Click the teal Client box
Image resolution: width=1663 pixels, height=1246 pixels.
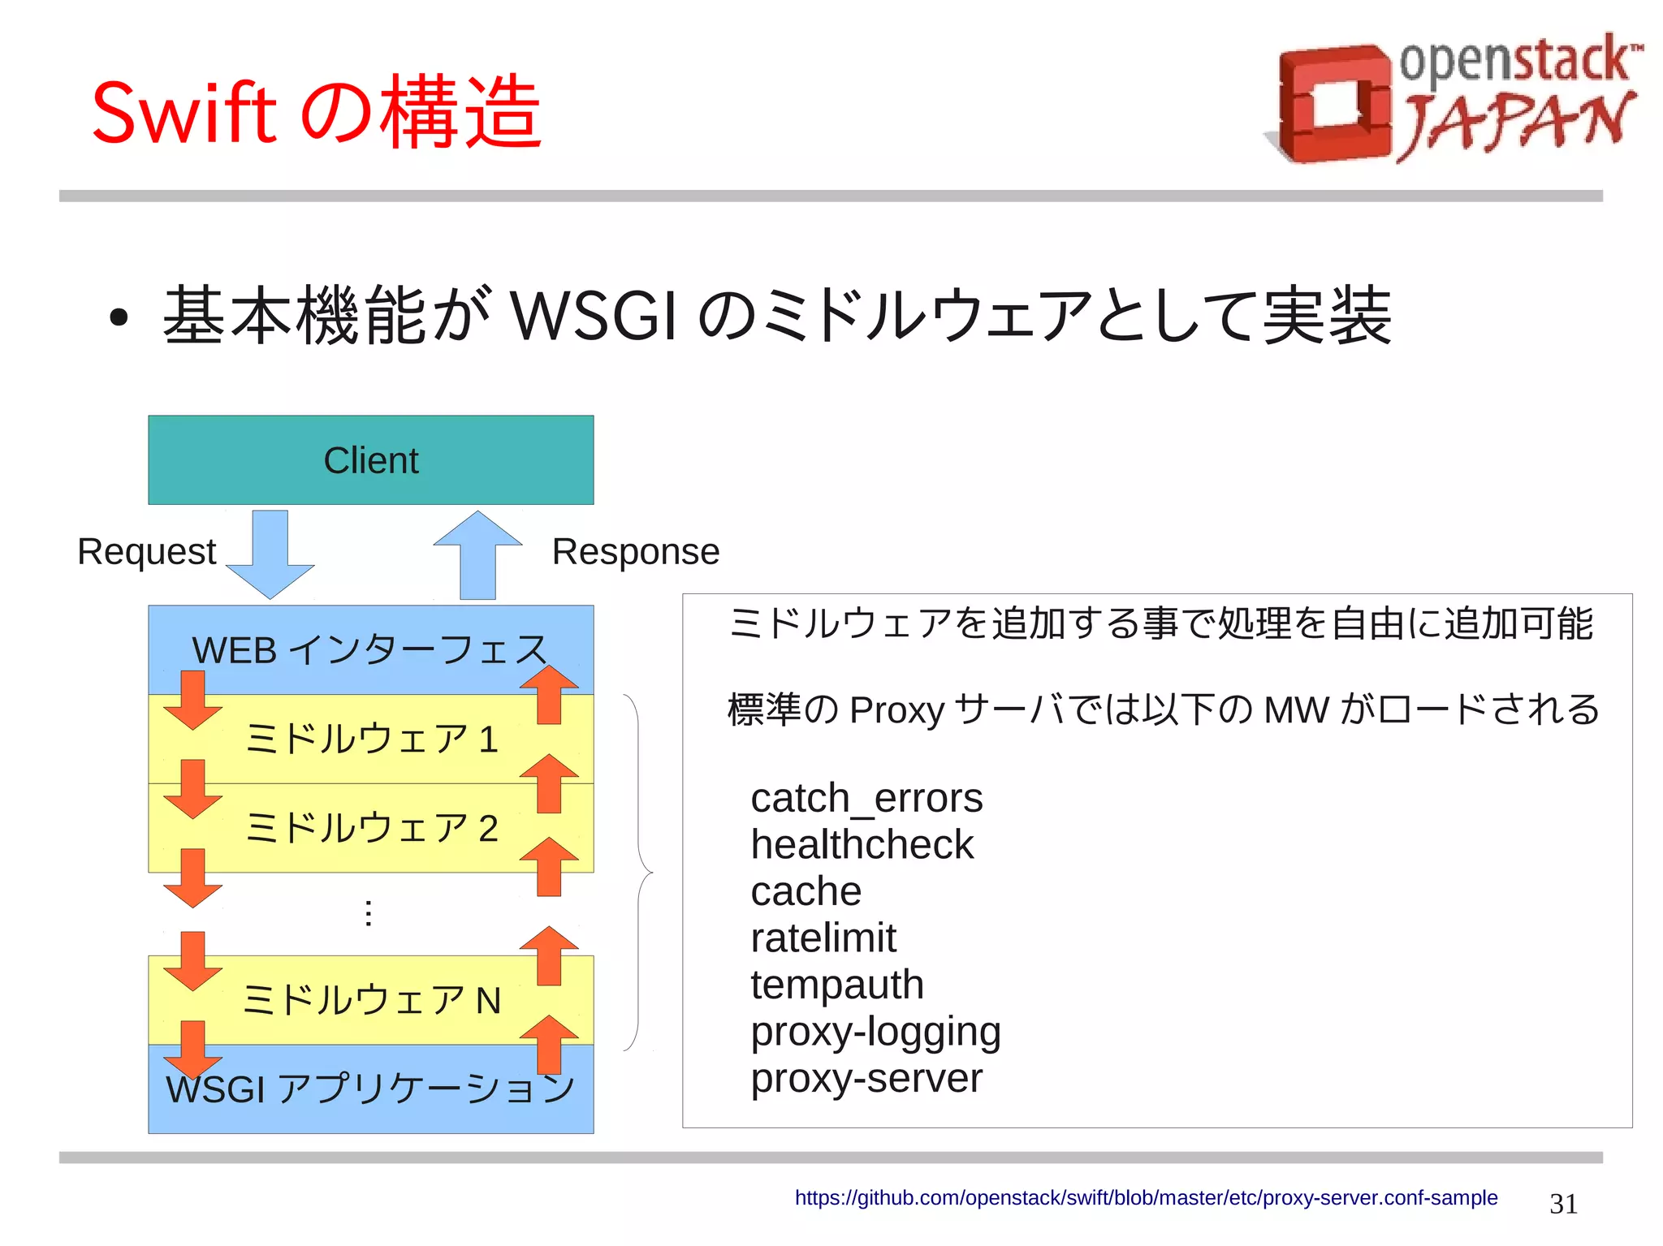click(370, 460)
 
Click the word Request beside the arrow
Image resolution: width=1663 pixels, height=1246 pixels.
click(146, 552)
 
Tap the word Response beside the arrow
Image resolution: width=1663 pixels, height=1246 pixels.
click(635, 552)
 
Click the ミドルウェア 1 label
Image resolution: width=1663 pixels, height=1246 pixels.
click(370, 739)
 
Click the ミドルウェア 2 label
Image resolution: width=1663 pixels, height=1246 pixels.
click(370, 829)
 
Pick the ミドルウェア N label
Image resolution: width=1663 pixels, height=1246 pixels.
click(370, 1000)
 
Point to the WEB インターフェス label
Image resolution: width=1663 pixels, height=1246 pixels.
click(370, 650)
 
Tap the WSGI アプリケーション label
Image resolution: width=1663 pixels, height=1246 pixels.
click(370, 1089)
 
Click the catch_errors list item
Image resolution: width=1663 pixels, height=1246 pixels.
click(866, 799)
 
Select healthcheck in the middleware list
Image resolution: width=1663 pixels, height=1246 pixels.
click(861, 845)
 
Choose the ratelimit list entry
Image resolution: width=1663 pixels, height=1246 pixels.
click(823, 938)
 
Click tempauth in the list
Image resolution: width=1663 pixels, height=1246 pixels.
click(836, 985)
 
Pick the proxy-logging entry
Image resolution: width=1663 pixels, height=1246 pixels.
click(875, 1032)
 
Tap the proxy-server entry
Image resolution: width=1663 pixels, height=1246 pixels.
click(866, 1079)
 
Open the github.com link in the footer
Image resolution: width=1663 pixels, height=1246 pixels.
click(1145, 1198)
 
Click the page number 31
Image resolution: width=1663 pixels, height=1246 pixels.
click(1562, 1204)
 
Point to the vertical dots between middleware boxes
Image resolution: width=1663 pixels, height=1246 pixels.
click(369, 913)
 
